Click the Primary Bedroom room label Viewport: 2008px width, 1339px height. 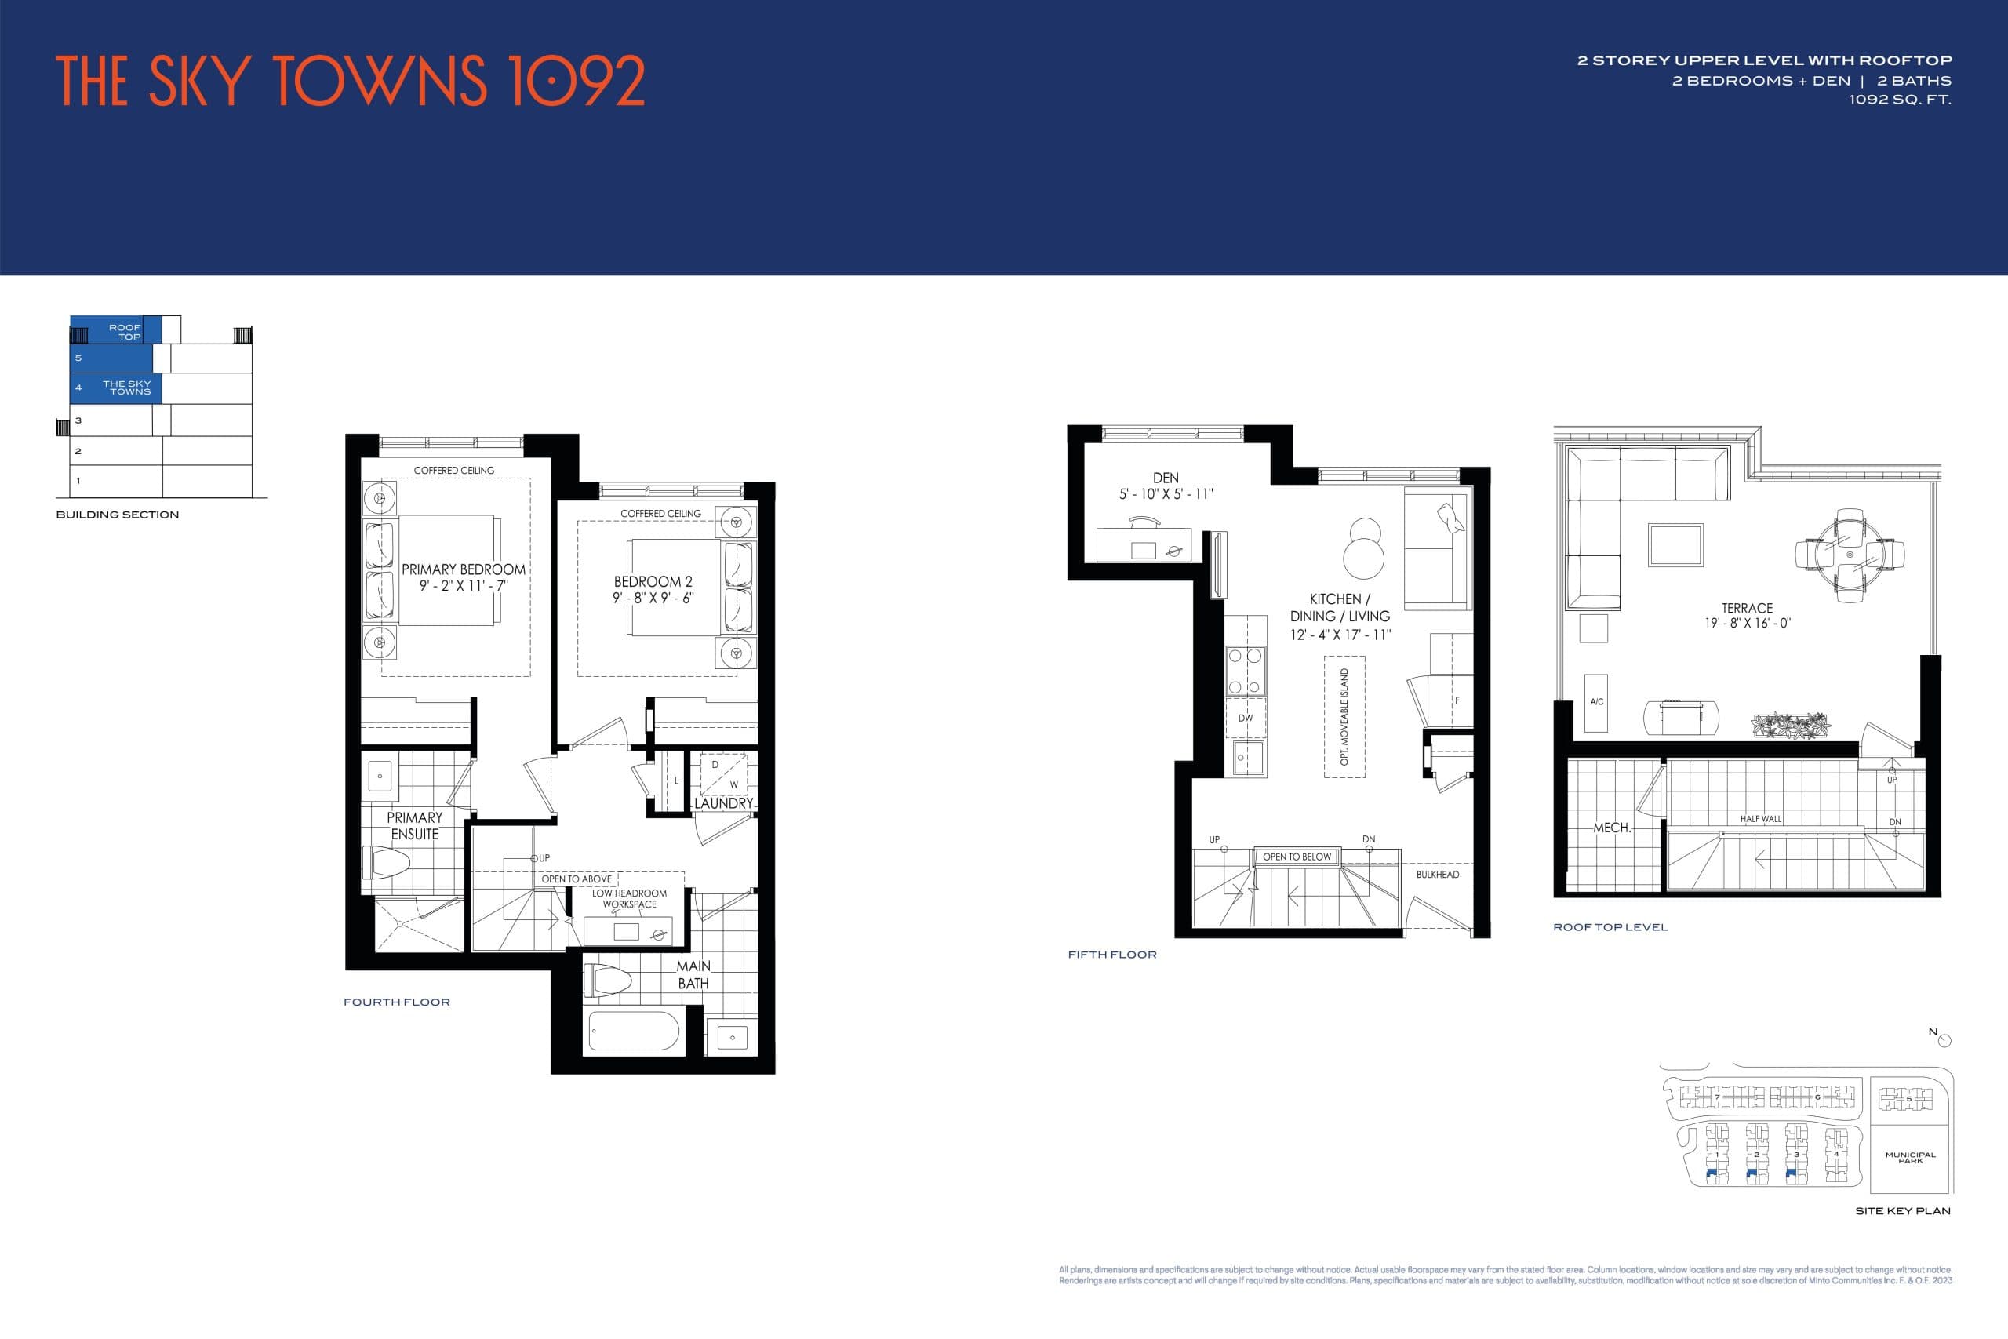click(464, 569)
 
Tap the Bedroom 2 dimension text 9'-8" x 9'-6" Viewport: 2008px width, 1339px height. click(653, 598)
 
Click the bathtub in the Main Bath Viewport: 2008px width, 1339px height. click(634, 1031)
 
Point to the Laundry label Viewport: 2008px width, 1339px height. click(723, 803)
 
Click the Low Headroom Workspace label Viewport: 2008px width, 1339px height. click(629, 898)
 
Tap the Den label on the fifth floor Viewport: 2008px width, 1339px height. click(1166, 478)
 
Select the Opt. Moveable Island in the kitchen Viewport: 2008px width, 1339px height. click(1344, 716)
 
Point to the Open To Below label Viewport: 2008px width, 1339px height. click(1296, 857)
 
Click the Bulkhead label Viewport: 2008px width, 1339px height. click(1438, 875)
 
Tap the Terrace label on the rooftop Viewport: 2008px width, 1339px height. click(1747, 608)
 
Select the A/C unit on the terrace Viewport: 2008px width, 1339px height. click(1596, 702)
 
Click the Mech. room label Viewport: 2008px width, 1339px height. click(1612, 828)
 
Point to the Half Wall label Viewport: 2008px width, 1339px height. click(1760, 819)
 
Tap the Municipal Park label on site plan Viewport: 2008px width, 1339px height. click(1911, 1157)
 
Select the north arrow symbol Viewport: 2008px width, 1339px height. click(1944, 1040)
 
